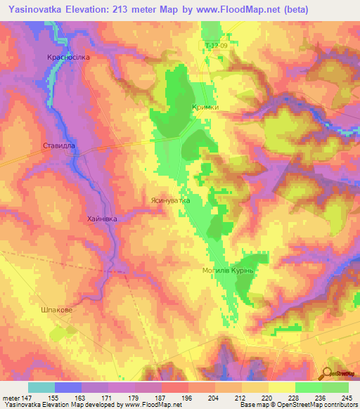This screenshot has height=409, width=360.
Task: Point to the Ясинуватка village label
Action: pos(169,200)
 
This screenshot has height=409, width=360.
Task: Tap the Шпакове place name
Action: pos(56,309)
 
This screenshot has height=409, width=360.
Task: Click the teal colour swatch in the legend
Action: pos(41,387)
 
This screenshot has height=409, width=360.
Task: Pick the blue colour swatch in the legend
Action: pos(68,387)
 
